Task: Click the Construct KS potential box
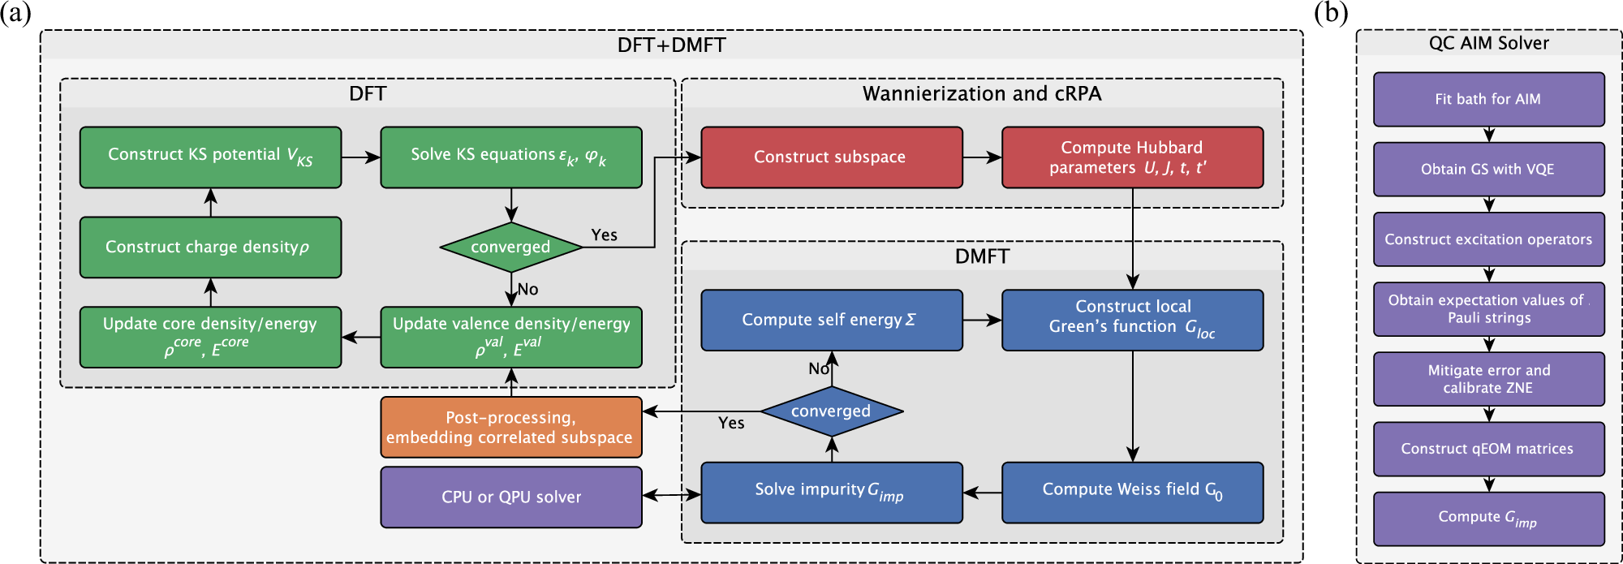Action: (x=210, y=157)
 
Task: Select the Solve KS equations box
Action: (x=510, y=157)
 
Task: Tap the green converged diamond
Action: (x=510, y=247)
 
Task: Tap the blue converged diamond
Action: (x=831, y=411)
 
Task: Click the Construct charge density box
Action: (x=210, y=247)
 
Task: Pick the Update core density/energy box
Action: (x=210, y=337)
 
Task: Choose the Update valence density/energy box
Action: (x=510, y=337)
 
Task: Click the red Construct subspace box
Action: (x=831, y=157)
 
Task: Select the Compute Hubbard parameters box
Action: (x=1132, y=157)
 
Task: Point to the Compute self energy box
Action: (x=831, y=320)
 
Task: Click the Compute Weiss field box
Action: (x=1132, y=492)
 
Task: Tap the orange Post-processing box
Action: (x=510, y=427)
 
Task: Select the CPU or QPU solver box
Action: (x=510, y=497)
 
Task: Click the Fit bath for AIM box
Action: (x=1488, y=99)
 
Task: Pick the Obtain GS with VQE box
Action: (x=1488, y=169)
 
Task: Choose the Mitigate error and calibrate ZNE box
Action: (x=1488, y=379)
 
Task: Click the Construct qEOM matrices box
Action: (x=1488, y=449)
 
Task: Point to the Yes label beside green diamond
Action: (x=604, y=235)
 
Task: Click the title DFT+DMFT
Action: (x=671, y=45)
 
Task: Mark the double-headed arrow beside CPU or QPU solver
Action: (x=671, y=493)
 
